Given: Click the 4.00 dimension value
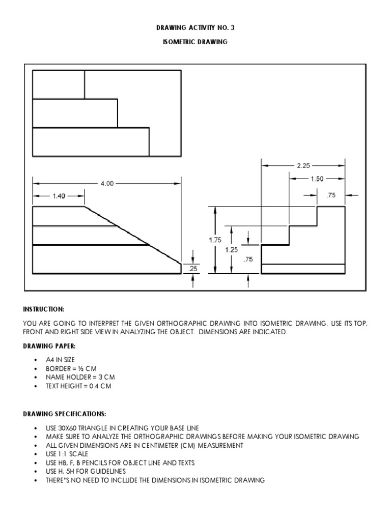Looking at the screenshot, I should coord(107,184).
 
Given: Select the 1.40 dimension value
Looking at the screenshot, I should coord(59,195).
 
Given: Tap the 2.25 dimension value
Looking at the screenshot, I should coord(303,165).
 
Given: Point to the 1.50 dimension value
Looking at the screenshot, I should coord(317,179).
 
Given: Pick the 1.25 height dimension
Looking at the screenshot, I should coord(232,250).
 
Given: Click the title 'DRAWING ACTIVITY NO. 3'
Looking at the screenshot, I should coord(195,28).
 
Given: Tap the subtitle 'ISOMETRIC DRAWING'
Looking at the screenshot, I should coord(195,42).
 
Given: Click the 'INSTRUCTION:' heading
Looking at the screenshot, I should coord(43,309).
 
